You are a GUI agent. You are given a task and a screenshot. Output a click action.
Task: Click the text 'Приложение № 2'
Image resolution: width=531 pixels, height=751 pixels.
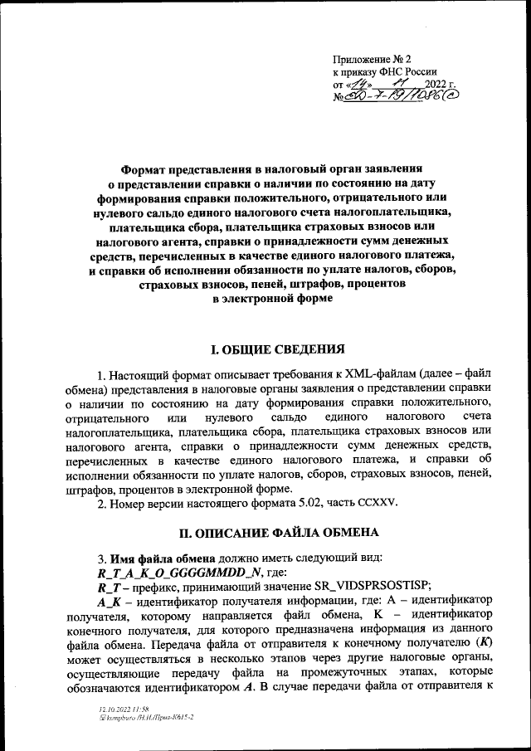tap(372, 60)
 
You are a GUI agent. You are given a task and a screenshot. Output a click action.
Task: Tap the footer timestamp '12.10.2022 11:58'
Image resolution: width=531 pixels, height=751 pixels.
tap(119, 711)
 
